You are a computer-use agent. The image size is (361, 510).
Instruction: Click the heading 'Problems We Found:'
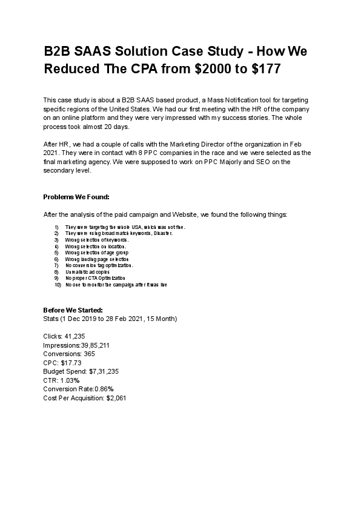[x=76, y=197]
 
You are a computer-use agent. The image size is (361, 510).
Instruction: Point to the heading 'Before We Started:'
[x=73, y=310]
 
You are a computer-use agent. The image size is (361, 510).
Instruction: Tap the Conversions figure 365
[x=89, y=354]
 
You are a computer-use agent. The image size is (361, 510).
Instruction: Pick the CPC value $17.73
[x=71, y=363]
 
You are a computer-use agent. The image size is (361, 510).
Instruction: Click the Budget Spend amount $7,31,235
[x=104, y=371]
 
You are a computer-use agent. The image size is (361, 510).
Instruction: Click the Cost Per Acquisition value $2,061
[x=116, y=398]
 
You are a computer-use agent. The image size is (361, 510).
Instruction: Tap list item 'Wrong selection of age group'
[x=96, y=252]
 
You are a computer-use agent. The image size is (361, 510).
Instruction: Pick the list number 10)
[x=58, y=285]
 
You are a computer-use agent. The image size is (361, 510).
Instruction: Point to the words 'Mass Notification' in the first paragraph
[x=231, y=99]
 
